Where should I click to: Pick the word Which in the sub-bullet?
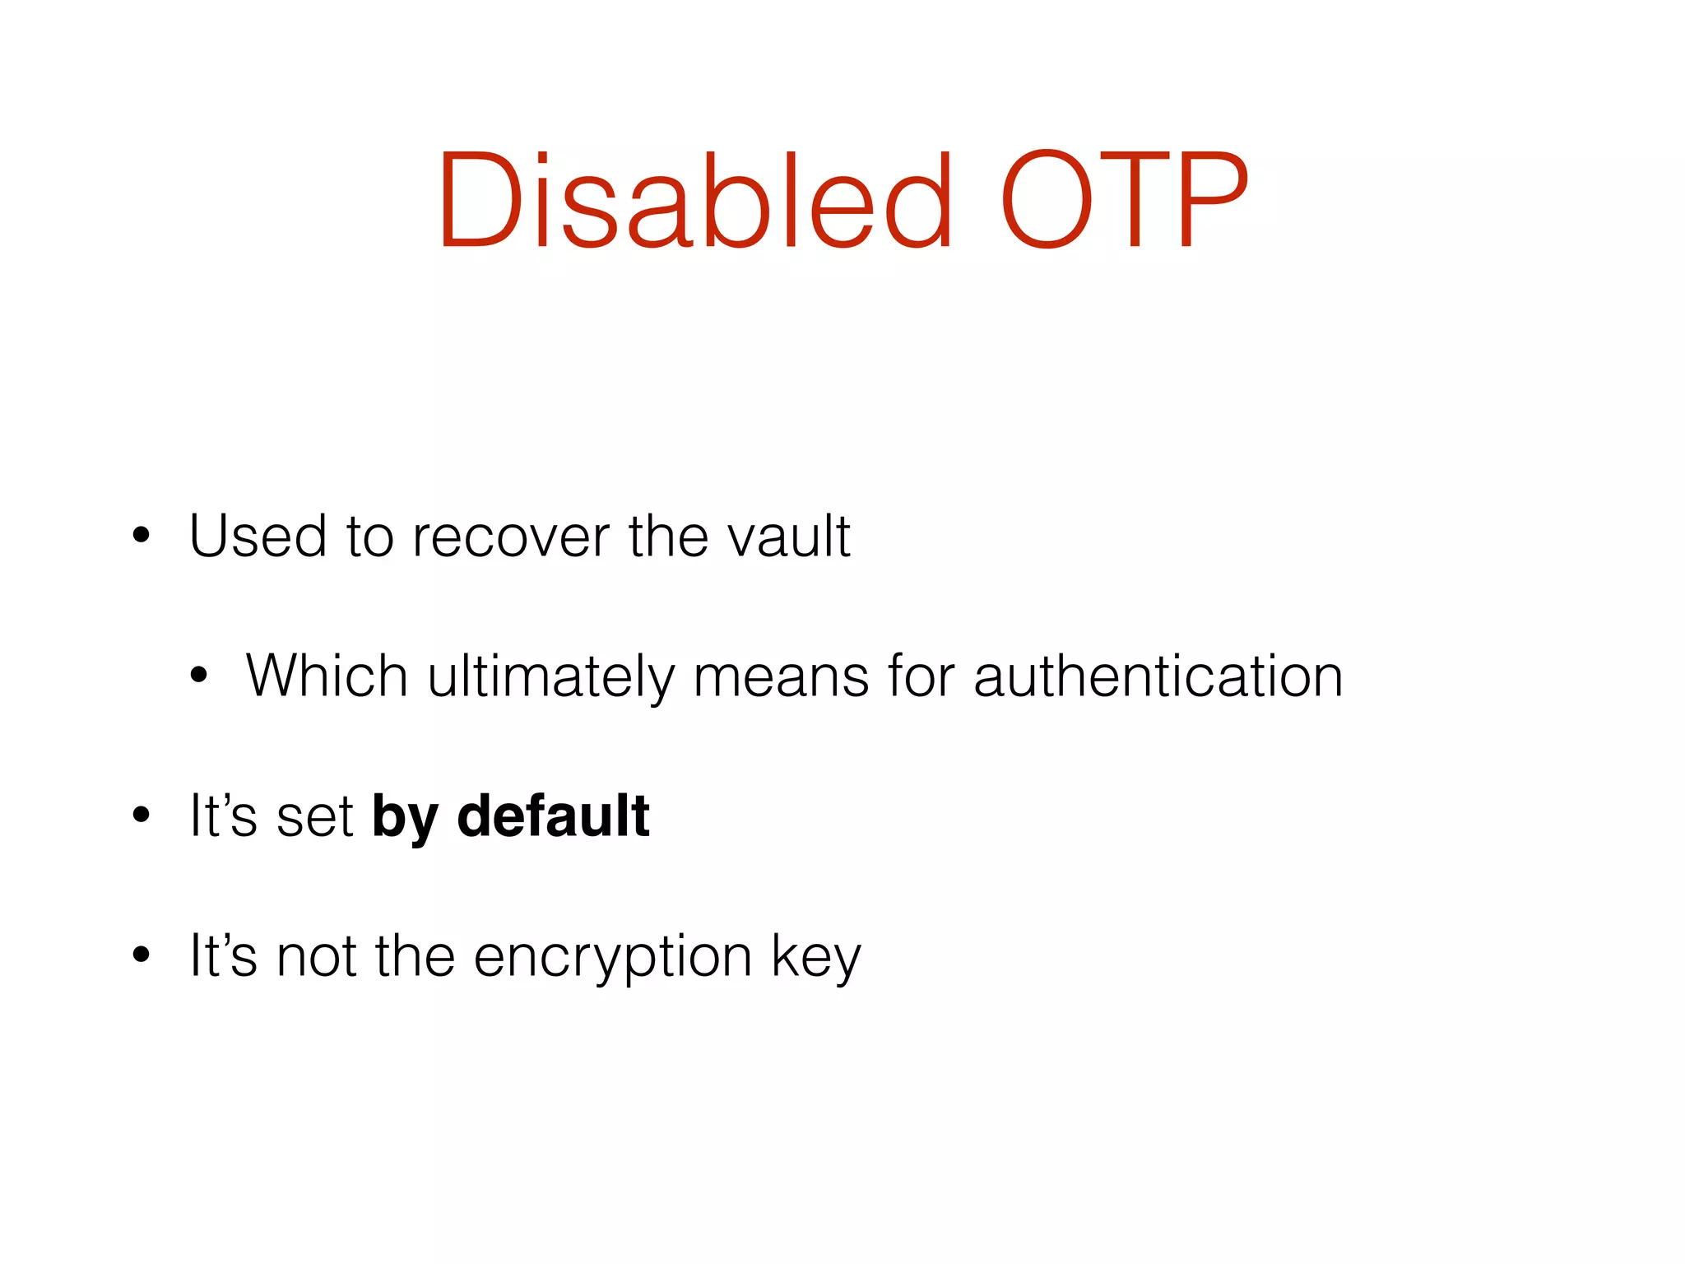(x=327, y=676)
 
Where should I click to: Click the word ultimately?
(x=550, y=676)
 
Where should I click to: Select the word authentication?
(x=1158, y=676)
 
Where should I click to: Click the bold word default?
(x=553, y=816)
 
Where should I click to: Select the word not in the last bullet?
(x=316, y=956)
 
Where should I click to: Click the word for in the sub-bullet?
(x=921, y=676)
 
